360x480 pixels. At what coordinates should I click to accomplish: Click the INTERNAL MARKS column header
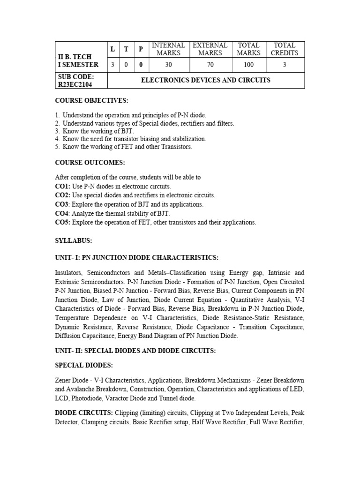click(168, 49)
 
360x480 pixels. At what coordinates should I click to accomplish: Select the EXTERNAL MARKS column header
click(210, 49)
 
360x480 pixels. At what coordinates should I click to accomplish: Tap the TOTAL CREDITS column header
click(284, 49)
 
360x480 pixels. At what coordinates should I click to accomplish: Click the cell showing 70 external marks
click(210, 65)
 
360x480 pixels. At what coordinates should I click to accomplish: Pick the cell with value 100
click(248, 65)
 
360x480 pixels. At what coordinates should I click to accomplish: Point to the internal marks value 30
click(168, 65)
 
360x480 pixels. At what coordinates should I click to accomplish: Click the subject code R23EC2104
click(75, 84)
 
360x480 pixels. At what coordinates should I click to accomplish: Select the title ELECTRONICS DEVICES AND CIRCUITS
click(206, 80)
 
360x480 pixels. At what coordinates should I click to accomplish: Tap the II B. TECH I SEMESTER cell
click(78, 60)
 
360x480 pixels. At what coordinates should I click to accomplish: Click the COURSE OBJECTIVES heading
click(91, 100)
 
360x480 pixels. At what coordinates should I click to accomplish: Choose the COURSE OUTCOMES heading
click(89, 163)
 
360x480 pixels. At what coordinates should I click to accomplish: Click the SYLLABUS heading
click(74, 240)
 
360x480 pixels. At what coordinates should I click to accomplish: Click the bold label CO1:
click(63, 186)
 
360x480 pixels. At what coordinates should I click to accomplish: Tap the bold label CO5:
click(63, 222)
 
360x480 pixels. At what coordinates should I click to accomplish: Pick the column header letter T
click(126, 49)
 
